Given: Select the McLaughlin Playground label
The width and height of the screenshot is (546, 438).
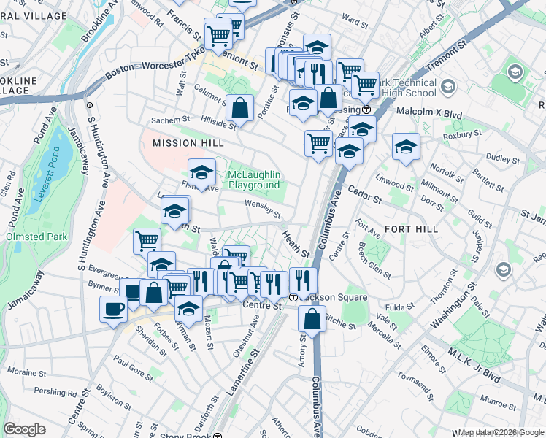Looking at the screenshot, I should (254, 180).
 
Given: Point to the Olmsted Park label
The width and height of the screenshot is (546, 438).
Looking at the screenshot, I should (36, 237).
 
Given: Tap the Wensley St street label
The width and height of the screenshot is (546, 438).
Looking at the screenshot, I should (263, 209).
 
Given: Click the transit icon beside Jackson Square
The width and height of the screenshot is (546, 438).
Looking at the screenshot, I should (293, 297).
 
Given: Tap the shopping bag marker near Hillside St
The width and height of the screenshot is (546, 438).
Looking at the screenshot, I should (239, 109).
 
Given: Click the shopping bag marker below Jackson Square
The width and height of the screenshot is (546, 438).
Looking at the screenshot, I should (312, 318).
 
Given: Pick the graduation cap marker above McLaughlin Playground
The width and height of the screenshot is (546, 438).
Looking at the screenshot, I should (201, 172).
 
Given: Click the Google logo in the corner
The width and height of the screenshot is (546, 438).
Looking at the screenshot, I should (25, 429).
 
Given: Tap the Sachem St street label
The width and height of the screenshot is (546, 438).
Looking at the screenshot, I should (169, 120).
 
